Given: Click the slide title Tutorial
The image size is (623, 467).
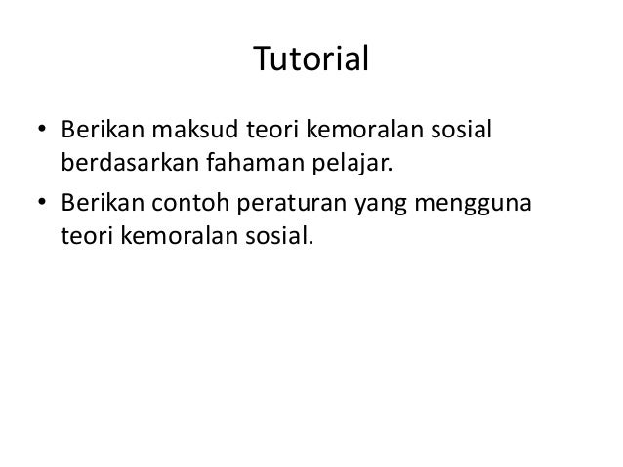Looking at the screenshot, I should click(x=311, y=59).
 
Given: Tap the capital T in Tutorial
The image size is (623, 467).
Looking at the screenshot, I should click(x=263, y=59).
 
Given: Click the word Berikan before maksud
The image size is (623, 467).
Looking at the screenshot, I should click(x=102, y=130).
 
